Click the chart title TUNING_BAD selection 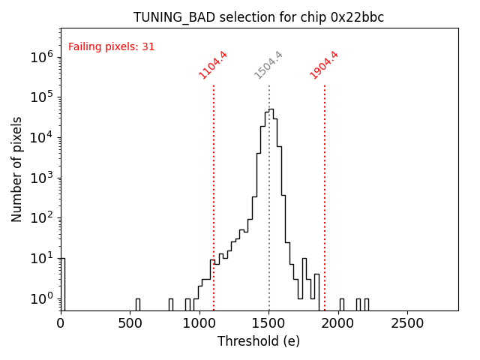259,17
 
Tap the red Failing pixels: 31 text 112,46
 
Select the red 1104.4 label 213,65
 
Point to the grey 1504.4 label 268,65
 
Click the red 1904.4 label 324,65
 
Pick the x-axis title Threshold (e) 259,341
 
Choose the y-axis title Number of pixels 17,169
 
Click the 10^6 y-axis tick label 42,56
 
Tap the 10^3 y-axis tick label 42,178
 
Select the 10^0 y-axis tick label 42,298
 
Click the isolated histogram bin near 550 137,304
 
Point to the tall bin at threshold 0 62,283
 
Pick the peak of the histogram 271,109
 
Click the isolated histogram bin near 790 170,304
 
